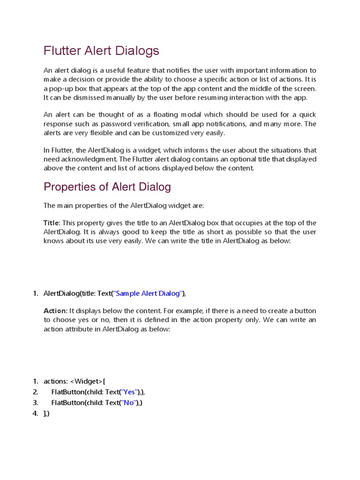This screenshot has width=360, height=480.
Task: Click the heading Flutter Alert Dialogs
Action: click(101, 51)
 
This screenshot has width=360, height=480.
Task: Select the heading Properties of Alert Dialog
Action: click(107, 187)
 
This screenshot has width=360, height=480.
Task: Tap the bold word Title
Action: click(52, 223)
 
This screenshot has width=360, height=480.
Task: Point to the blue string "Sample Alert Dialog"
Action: click(148, 293)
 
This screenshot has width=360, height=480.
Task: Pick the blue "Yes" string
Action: click(129, 392)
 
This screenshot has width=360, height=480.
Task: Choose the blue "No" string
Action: click(128, 403)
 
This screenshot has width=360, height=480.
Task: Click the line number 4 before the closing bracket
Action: click(35, 414)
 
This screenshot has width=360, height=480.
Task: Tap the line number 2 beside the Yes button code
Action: click(35, 392)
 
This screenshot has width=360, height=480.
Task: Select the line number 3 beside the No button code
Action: click(35, 403)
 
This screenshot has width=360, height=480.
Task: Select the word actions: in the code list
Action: click(55, 381)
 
